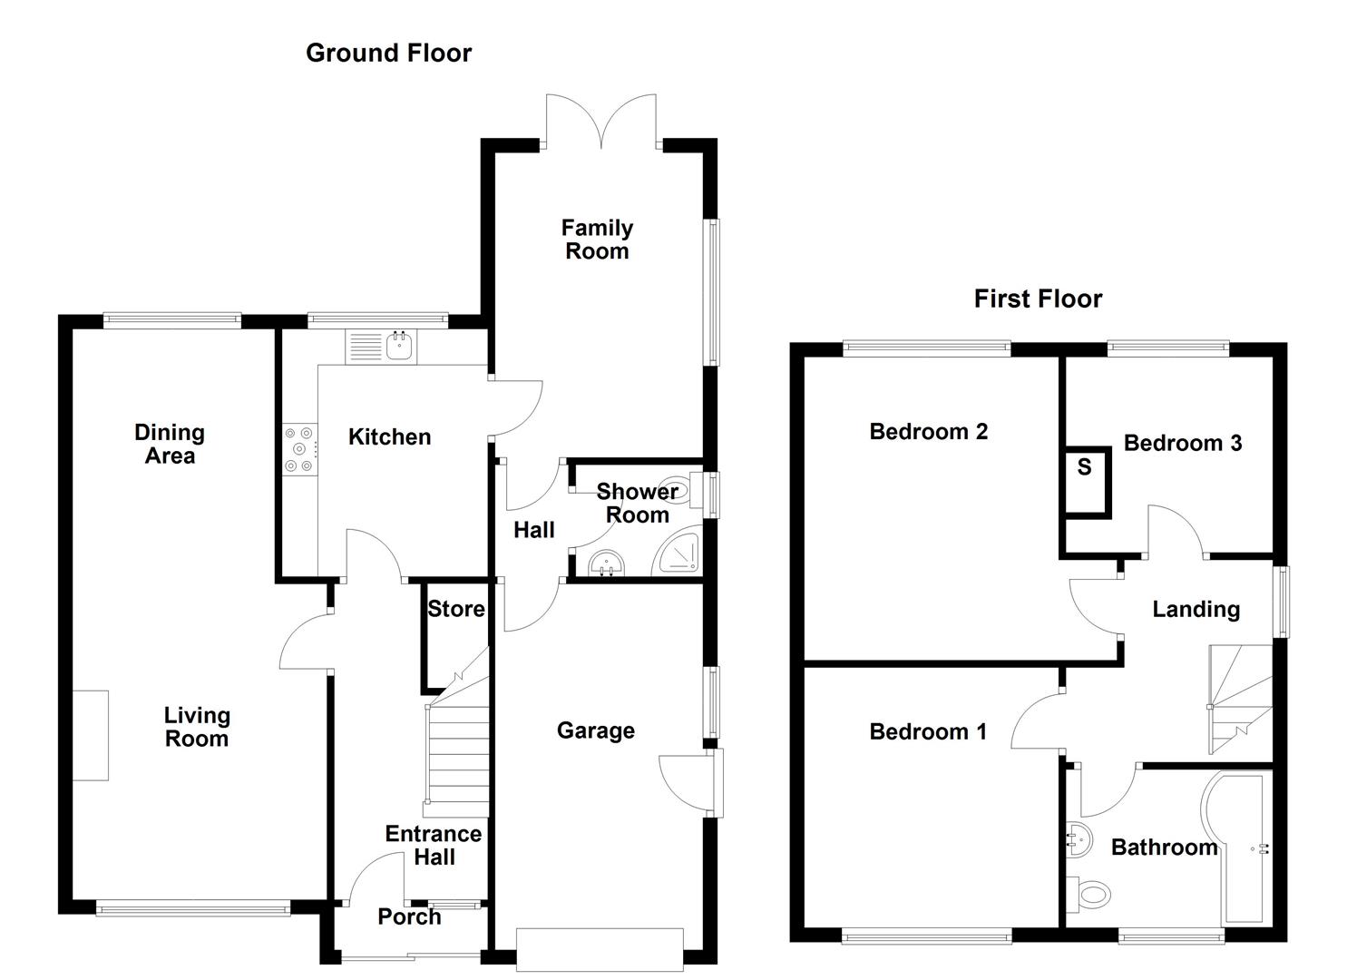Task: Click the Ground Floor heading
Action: coord(388,54)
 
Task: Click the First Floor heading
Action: coord(1038,299)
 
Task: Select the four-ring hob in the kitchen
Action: coord(299,449)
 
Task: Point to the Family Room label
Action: coord(597,240)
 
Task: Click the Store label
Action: coord(455,609)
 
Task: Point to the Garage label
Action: coord(595,730)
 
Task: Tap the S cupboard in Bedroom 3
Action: coord(1086,481)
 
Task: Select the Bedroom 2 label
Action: coord(928,432)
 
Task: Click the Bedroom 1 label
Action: coord(927,731)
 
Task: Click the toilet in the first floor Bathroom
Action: coord(1089,895)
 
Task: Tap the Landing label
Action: coord(1196,609)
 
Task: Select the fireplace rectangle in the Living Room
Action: coord(91,735)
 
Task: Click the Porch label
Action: coord(409,916)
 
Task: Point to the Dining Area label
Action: coord(170,444)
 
